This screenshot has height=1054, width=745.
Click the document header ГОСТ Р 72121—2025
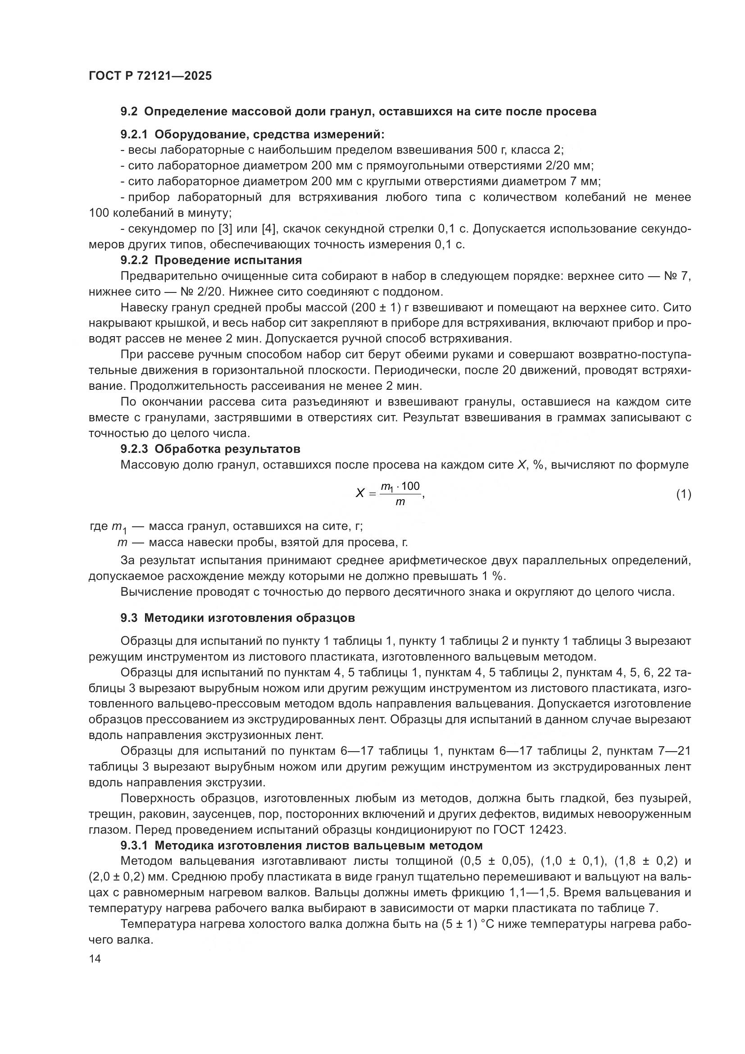click(x=150, y=76)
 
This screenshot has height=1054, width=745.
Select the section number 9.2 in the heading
click(x=129, y=112)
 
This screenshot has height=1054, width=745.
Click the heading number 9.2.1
click(x=134, y=135)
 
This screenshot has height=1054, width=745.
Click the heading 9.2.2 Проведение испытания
click(x=211, y=260)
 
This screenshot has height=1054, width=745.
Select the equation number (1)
click(x=684, y=494)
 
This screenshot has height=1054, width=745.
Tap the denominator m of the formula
click(x=400, y=502)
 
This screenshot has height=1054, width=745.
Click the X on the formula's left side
click(x=360, y=493)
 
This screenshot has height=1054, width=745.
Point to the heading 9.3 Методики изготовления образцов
click(x=238, y=618)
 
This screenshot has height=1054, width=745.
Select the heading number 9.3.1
click(x=134, y=845)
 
